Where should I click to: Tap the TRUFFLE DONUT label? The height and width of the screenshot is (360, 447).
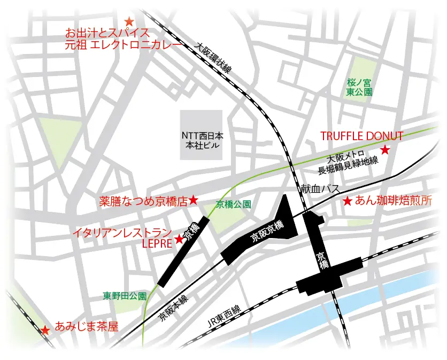click(x=361, y=136)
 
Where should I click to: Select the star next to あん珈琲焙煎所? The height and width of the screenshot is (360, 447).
click(x=347, y=202)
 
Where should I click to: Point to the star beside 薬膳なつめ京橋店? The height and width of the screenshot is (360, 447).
click(x=194, y=201)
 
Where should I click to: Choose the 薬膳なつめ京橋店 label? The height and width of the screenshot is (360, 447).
click(x=144, y=202)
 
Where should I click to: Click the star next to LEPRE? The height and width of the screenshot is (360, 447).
click(x=179, y=240)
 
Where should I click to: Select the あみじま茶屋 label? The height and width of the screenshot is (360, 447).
click(x=87, y=327)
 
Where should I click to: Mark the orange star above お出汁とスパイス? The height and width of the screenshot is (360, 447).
click(x=129, y=22)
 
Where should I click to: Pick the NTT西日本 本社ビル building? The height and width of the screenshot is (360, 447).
click(x=201, y=135)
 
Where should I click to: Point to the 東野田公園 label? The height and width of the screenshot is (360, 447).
click(x=125, y=295)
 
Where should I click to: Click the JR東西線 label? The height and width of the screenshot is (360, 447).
click(x=224, y=317)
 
